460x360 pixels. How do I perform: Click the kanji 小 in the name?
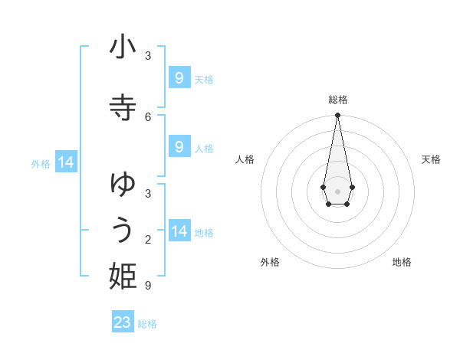pyautogui.click(x=123, y=47)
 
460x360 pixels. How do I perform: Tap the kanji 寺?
pyautogui.click(x=123, y=107)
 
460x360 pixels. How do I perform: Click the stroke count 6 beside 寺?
pyautogui.click(x=148, y=116)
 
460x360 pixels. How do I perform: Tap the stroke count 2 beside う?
pyautogui.click(x=148, y=241)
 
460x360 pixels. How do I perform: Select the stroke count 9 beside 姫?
pyautogui.click(x=148, y=286)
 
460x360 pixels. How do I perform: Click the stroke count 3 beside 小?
pyautogui.click(x=148, y=56)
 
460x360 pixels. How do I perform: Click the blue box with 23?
pyautogui.click(x=123, y=322)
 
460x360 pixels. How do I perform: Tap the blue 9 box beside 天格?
pyautogui.click(x=179, y=78)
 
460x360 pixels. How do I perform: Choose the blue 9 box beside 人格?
pyautogui.click(x=179, y=147)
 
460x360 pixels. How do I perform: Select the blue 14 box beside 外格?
pyautogui.click(x=65, y=162)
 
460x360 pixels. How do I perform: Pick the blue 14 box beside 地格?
pyautogui.click(x=179, y=231)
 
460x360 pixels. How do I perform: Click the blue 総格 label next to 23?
pyautogui.click(x=147, y=324)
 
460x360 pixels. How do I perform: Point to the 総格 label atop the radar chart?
pyautogui.click(x=337, y=100)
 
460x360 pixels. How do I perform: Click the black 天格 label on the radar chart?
pyautogui.click(x=431, y=159)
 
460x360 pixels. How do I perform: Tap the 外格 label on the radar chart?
pyautogui.click(x=270, y=262)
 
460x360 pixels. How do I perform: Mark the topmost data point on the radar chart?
pyautogui.click(x=337, y=116)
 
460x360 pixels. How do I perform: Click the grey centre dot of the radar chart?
pyautogui.click(x=337, y=191)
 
